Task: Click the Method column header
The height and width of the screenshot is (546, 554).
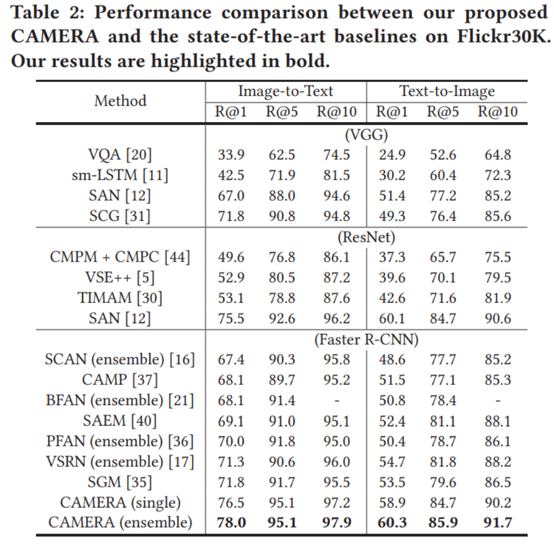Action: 120,101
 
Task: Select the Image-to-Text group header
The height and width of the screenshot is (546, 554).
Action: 285,91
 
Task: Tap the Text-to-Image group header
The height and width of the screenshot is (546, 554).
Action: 447,91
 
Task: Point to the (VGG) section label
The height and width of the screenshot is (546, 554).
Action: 366,135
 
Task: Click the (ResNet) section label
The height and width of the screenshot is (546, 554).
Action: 366,237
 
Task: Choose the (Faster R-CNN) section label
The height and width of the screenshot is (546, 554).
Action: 366,340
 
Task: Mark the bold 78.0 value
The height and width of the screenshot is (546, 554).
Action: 232,523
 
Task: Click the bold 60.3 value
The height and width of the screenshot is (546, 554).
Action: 392,523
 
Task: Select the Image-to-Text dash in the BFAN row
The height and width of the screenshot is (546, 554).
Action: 337,401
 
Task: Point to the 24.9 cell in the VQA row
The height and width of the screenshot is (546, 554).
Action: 392,155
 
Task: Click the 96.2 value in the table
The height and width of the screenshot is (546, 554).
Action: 337,319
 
